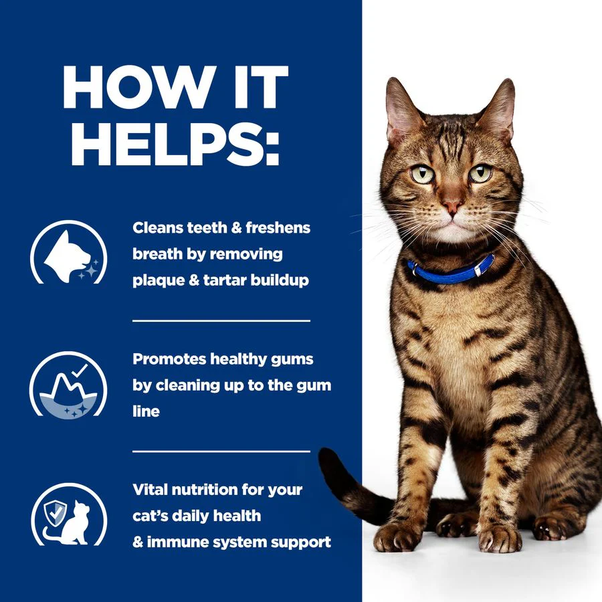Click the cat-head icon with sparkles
(68, 253)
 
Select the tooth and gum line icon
(68, 385)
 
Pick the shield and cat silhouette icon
(69, 514)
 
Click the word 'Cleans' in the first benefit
(157, 227)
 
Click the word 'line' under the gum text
(146, 411)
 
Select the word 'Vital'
(150, 490)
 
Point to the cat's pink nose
(451, 205)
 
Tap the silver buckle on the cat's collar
(478, 270)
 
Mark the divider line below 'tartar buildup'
(221, 320)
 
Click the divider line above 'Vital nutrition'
(221, 451)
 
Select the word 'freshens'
(278, 227)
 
